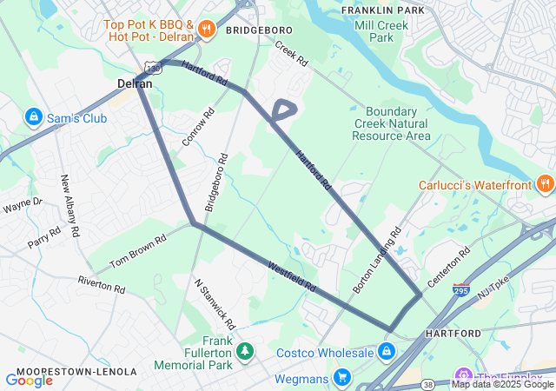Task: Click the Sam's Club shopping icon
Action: coord(33,116)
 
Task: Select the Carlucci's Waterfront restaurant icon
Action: coord(545,183)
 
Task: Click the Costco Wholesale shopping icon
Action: coord(386,351)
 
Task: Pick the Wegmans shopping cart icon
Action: coord(343,378)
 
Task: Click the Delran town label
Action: coord(135,84)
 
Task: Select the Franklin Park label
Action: coord(382,10)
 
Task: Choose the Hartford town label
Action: coord(453,333)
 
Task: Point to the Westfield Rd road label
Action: coord(292,276)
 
